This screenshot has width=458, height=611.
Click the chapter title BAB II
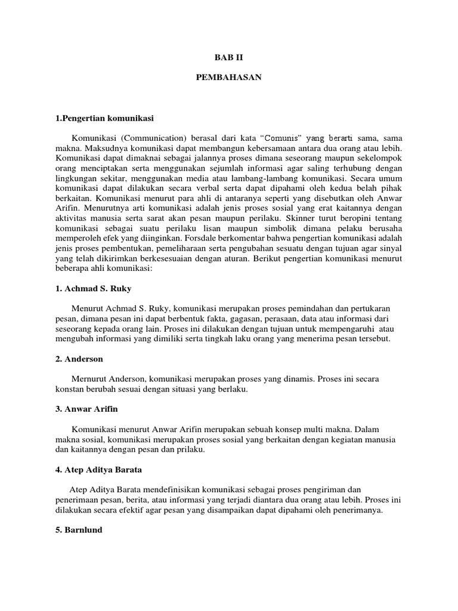(229, 58)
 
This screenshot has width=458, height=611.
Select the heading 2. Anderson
(79, 359)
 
